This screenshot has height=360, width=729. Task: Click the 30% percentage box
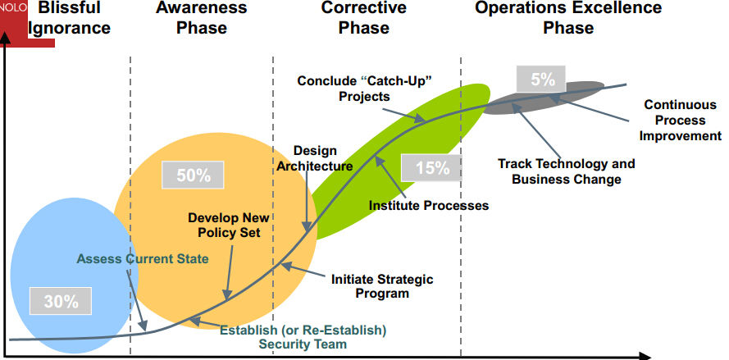(61, 301)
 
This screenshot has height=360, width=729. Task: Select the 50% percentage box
(193, 175)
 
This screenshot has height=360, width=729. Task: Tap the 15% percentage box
(432, 167)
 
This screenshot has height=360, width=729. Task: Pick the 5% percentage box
(541, 79)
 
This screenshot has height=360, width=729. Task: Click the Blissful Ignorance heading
(69, 18)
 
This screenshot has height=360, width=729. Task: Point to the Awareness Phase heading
(201, 18)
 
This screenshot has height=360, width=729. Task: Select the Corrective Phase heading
(363, 18)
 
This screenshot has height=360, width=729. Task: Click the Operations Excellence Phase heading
(568, 18)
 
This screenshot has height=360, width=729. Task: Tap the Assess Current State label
(143, 258)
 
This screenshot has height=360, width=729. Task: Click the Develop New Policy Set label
(229, 225)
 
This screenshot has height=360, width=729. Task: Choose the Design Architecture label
(315, 158)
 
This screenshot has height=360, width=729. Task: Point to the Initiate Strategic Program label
(382, 286)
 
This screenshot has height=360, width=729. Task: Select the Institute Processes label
(429, 205)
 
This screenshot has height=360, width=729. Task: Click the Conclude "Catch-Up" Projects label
(364, 88)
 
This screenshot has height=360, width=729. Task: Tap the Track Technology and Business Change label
(567, 171)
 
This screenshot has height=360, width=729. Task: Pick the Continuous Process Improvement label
(680, 120)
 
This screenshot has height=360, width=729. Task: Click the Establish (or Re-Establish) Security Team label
(303, 337)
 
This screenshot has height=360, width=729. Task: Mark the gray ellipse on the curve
(544, 98)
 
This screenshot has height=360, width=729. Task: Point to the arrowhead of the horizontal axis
(645, 357)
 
